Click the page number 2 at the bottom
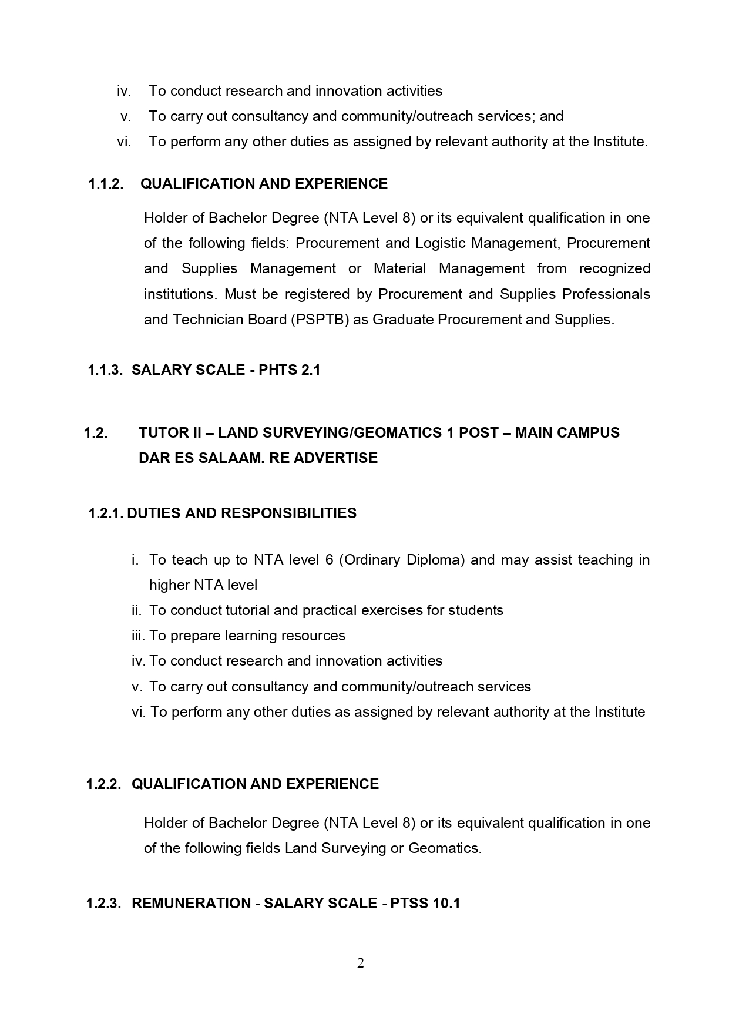pos(361,963)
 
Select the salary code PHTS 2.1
pos(290,370)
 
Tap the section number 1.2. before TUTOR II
pos(96,433)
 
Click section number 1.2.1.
pos(106,513)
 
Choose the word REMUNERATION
pos(191,904)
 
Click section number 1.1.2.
pos(106,184)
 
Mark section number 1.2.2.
pos(104,784)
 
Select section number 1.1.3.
pos(105,370)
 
